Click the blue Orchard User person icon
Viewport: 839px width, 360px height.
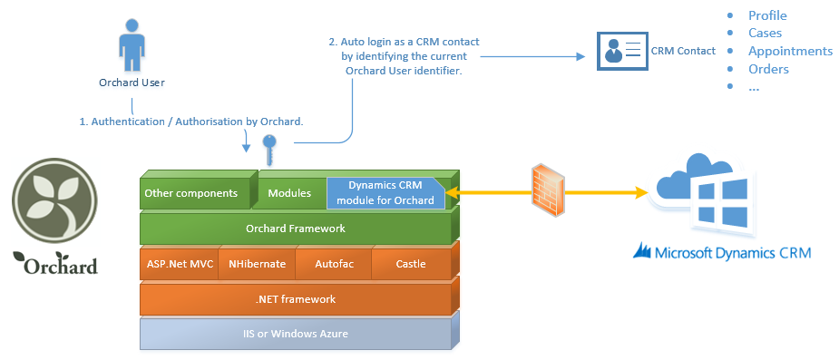pyautogui.click(x=132, y=45)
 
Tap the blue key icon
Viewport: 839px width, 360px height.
pyautogui.click(x=269, y=150)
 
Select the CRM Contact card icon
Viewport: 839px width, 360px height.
pyautogui.click(x=622, y=51)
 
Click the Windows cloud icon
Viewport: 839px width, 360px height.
pyautogui.click(x=701, y=195)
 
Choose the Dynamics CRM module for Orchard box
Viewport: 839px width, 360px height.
pyautogui.click(x=385, y=194)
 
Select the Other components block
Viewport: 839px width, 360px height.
pyautogui.click(x=195, y=193)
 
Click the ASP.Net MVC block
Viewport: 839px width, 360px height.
pyautogui.click(x=180, y=264)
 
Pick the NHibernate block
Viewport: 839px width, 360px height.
pyautogui.click(x=257, y=264)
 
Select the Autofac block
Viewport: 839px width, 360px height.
pyautogui.click(x=334, y=264)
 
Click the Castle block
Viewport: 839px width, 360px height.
pyautogui.click(x=411, y=264)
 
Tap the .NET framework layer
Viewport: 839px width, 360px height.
pyautogui.click(x=296, y=299)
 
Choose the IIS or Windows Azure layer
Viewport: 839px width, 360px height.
pyautogui.click(x=296, y=334)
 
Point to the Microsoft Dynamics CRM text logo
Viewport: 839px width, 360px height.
pyautogui.click(x=722, y=252)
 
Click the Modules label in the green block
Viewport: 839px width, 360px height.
pyautogui.click(x=289, y=193)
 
